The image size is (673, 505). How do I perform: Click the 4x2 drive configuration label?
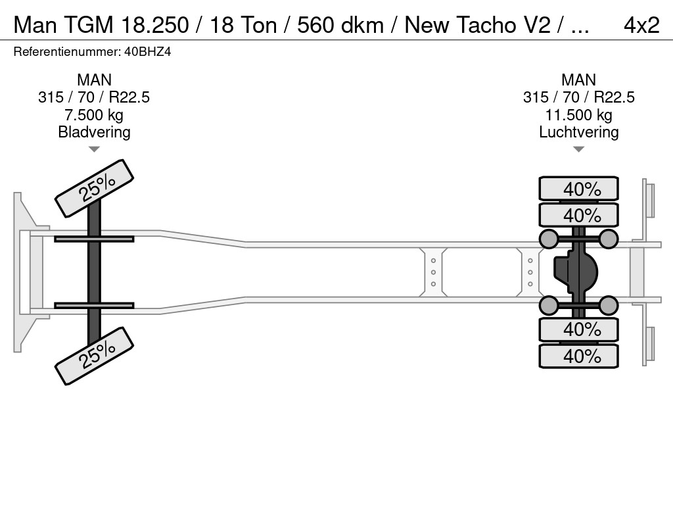click(641, 25)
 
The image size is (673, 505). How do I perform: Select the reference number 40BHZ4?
click(148, 52)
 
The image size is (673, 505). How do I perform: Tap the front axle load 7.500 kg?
click(94, 115)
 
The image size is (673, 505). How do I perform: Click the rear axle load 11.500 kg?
click(578, 115)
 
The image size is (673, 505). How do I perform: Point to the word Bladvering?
click(94, 132)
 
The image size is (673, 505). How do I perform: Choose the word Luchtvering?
click(578, 132)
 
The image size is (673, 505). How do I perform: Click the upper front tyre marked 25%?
click(95, 189)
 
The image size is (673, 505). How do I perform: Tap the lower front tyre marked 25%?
click(95, 356)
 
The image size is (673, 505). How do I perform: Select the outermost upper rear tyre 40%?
click(578, 188)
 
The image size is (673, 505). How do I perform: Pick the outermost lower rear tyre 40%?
click(578, 356)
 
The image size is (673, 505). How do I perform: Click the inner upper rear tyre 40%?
click(578, 215)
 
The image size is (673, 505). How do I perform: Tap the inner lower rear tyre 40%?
click(578, 330)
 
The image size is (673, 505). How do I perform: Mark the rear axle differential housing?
click(576, 272)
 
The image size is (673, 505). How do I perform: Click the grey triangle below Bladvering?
click(94, 149)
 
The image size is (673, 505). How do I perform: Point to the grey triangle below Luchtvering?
click(578, 149)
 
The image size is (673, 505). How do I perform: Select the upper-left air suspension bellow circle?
click(549, 239)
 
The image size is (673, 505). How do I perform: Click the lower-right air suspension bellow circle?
click(608, 305)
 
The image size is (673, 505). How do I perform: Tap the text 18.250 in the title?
click(155, 25)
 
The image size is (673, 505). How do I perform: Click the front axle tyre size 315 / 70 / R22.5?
click(94, 97)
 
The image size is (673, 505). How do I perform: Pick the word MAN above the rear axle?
click(578, 80)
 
